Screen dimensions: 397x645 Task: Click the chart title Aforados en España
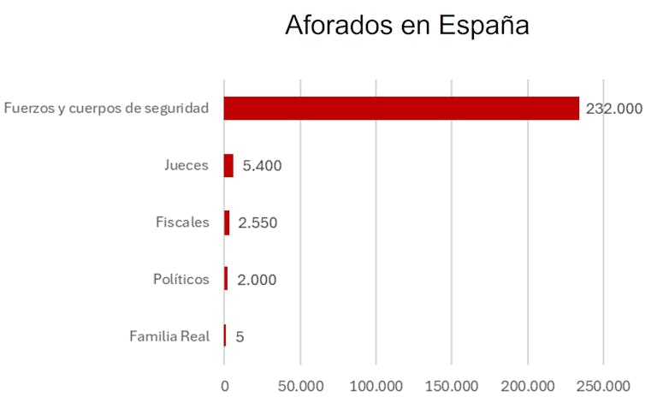tap(407, 25)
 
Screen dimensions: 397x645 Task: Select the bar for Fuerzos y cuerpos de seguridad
tap(401, 109)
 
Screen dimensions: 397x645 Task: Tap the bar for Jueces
tap(228, 165)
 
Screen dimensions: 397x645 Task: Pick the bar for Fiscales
tap(227, 222)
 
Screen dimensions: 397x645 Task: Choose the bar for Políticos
tap(226, 280)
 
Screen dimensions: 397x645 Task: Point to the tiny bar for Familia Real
tap(225, 336)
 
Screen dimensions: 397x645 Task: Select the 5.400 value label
tap(262, 166)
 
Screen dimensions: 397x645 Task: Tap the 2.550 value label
tap(257, 223)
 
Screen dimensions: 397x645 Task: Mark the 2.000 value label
tap(257, 280)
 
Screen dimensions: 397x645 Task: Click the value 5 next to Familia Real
tap(240, 337)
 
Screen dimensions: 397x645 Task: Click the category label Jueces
tap(186, 165)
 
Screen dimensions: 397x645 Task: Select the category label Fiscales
tap(181, 222)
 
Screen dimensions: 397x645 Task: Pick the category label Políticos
tap(180, 280)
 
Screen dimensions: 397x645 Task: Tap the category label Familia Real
tap(169, 336)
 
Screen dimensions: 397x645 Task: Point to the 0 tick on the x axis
tap(224, 385)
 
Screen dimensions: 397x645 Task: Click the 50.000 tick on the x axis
tap(300, 385)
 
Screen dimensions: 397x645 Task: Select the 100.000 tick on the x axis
tap(376, 385)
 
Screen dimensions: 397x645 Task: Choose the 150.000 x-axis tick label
tap(452, 385)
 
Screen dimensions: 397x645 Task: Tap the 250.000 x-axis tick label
tap(603, 385)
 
